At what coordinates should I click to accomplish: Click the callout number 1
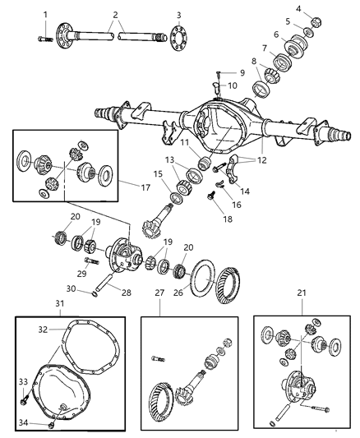tap(44, 14)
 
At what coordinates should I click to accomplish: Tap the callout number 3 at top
tap(178, 15)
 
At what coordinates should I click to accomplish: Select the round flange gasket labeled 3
tap(178, 37)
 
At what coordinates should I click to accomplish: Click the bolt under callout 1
tap(46, 35)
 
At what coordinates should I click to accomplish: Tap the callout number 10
tap(232, 85)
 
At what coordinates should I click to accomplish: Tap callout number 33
tap(22, 381)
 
